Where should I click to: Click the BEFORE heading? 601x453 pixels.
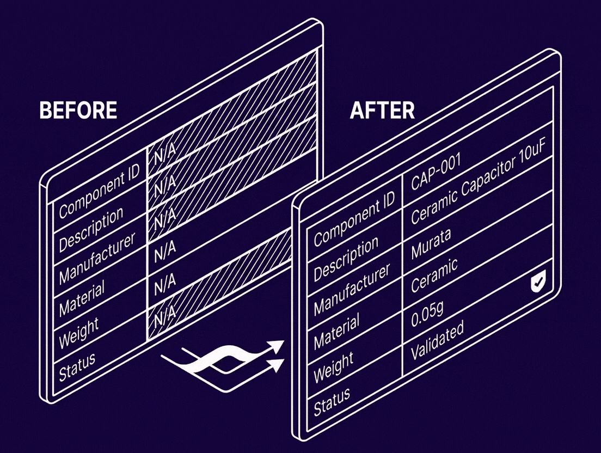pos(78,110)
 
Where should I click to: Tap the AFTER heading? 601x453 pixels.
pos(383,110)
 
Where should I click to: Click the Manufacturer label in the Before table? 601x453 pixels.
pos(97,259)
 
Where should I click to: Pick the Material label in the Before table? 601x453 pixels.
pos(81,299)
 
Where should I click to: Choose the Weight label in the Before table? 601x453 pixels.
pos(78,333)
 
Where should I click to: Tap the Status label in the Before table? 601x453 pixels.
pos(77,366)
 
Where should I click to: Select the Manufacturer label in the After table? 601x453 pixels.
pos(352,289)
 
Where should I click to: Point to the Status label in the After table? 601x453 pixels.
pos(332,401)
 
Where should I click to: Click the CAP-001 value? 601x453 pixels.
pos(435,173)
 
